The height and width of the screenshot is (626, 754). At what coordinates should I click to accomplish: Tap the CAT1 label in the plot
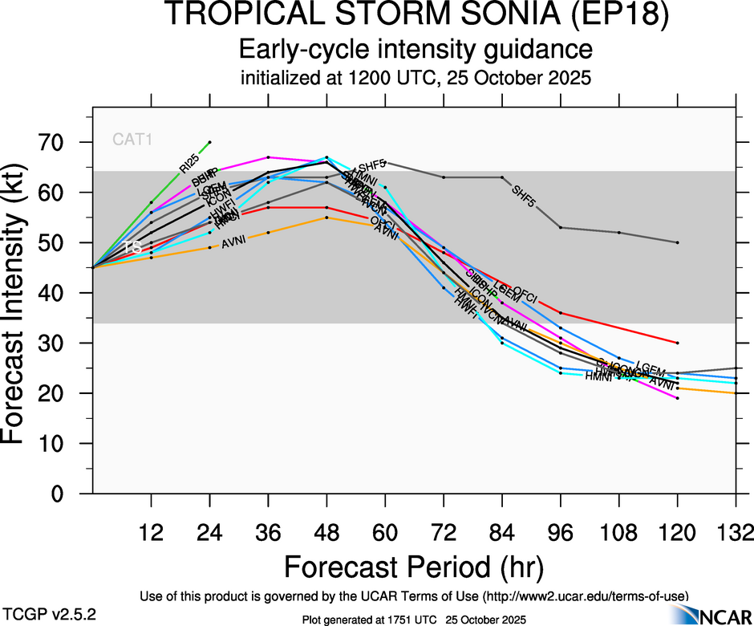pyautogui.click(x=132, y=140)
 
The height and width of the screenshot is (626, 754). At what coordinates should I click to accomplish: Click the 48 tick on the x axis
pyautogui.click(x=326, y=532)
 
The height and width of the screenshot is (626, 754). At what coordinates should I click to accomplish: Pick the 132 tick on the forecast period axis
pyautogui.click(x=736, y=532)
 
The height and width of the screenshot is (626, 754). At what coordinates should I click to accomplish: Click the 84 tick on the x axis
pyautogui.click(x=502, y=532)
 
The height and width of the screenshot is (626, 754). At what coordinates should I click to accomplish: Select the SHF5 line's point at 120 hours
pyautogui.click(x=678, y=242)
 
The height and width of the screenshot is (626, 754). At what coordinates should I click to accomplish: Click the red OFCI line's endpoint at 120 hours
pyautogui.click(x=678, y=343)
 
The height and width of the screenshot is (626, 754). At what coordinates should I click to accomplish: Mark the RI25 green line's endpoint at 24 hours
pyautogui.click(x=209, y=142)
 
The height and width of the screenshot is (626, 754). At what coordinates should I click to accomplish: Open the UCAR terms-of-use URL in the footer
pyautogui.click(x=586, y=596)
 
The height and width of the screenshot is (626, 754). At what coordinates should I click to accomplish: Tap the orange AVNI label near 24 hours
pyautogui.click(x=233, y=242)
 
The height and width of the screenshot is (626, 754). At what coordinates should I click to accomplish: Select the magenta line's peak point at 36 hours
pyautogui.click(x=268, y=157)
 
